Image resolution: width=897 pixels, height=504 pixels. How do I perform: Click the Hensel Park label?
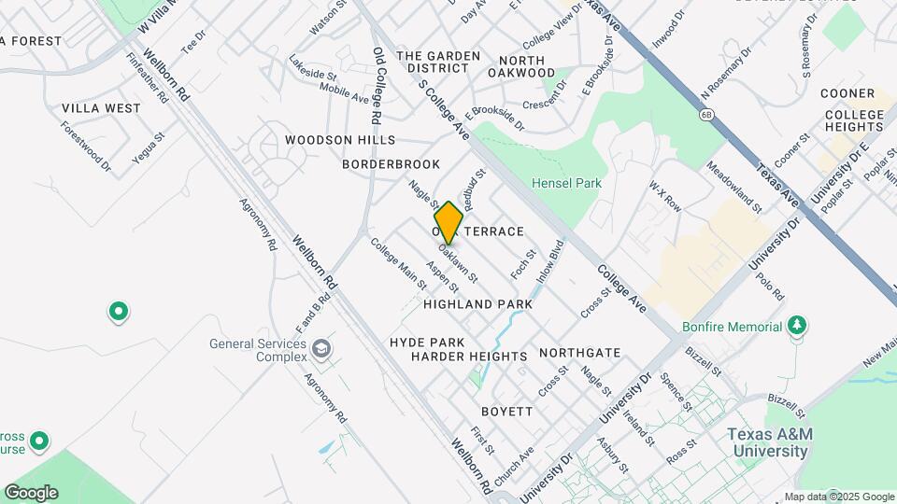tap(566, 184)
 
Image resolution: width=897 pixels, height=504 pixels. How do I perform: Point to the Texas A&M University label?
tap(767, 442)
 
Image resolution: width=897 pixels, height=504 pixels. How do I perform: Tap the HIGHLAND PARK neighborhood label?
tap(477, 304)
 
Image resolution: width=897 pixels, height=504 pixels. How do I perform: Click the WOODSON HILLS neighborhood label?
tap(340, 140)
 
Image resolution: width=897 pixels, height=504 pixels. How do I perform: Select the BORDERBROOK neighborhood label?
tap(391, 164)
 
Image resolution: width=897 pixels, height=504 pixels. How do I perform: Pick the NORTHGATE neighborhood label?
tap(579, 353)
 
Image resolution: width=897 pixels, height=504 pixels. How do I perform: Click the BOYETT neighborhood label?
tap(506, 412)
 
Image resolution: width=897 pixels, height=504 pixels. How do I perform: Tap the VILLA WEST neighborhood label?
tap(101, 108)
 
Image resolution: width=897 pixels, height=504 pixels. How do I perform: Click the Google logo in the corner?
tap(30, 493)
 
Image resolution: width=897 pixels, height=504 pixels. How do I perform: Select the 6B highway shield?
tap(707, 114)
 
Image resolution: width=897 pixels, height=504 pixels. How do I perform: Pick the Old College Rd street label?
tap(377, 86)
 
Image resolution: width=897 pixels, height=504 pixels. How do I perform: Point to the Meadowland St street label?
tap(733, 186)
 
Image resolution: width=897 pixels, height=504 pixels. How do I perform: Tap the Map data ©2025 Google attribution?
tap(838, 497)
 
